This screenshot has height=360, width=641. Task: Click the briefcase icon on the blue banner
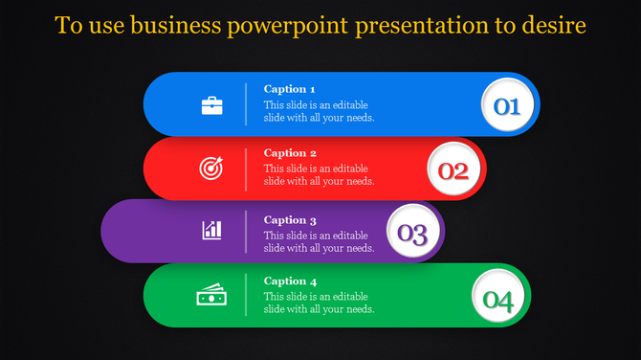211,105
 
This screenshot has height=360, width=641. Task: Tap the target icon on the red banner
211,169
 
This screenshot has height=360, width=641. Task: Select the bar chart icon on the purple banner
211,230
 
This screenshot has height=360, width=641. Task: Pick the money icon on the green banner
210,295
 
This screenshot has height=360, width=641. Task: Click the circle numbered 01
506,105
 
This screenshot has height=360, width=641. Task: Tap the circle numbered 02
453,170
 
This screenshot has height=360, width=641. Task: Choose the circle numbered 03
412,232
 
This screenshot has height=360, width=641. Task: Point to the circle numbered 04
498,301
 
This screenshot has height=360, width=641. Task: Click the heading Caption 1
290,89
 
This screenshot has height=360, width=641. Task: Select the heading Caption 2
290,153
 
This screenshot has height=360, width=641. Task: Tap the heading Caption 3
290,220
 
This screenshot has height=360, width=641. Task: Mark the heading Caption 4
290,281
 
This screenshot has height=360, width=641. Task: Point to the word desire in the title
555,25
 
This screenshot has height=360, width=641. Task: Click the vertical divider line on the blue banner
246,103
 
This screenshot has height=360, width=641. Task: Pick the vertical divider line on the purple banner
246,232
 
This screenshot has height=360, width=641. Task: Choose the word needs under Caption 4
356,309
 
